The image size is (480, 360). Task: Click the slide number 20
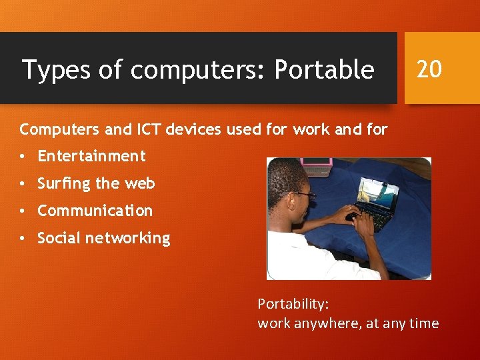[429, 68]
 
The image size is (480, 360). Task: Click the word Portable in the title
[325, 69]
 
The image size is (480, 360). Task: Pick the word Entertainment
[91, 156]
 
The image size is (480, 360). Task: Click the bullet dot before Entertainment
[23, 157]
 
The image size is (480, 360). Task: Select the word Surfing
[63, 183]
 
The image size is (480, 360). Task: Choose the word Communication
[95, 211]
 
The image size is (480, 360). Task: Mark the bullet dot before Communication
[23, 211]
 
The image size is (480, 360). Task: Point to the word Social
[57, 238]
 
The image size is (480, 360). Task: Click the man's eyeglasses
[304, 195]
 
